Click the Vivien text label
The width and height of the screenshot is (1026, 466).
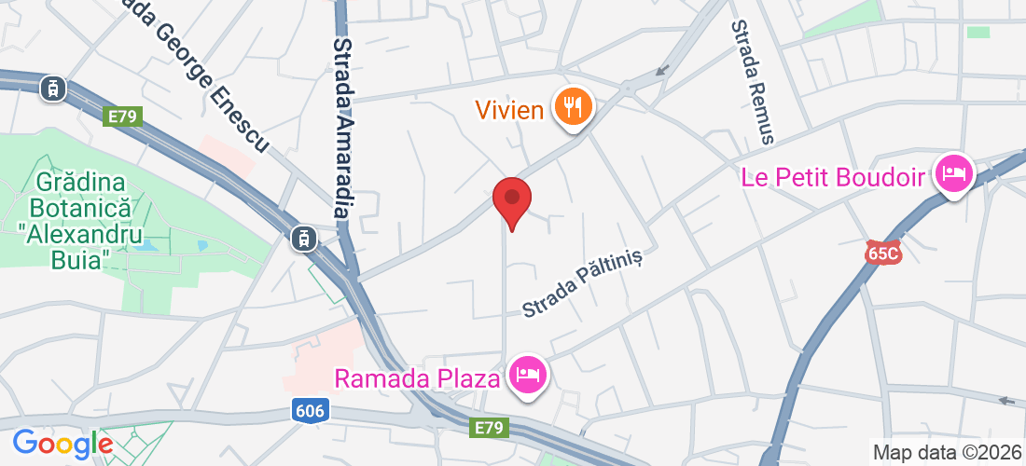click(509, 110)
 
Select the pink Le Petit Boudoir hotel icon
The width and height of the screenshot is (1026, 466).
click(954, 174)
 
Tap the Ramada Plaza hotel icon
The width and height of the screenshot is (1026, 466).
click(528, 377)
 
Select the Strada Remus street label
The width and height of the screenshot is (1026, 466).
click(754, 82)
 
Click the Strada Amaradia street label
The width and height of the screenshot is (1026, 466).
click(342, 128)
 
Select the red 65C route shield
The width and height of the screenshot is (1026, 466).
click(883, 252)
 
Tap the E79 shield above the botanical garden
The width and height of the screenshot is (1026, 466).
click(122, 116)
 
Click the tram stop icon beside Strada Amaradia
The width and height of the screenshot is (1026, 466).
click(302, 239)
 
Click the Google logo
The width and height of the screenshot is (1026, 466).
click(62, 443)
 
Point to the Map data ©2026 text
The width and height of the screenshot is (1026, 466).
click(944, 453)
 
